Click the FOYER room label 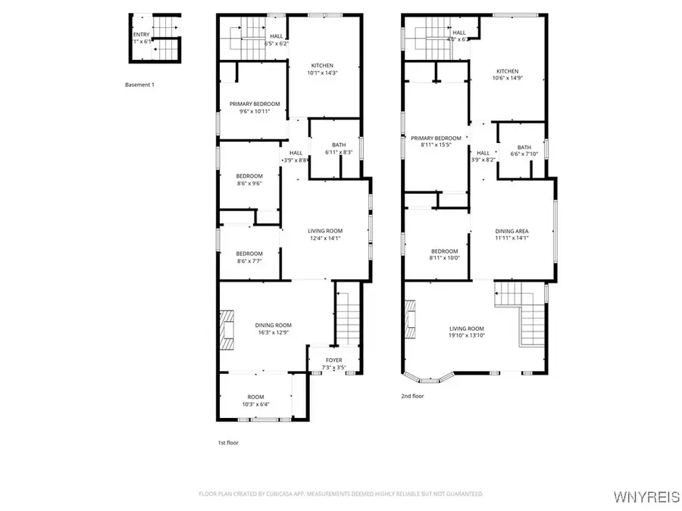pos(333,360)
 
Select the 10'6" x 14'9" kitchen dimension pos(508,78)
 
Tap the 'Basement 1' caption pos(139,85)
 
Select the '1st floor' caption pos(228,442)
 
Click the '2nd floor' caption pos(413,396)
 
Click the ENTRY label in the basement pos(141,34)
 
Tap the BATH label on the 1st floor pos(339,145)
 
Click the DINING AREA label pos(511,231)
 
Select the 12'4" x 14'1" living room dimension pos(325,238)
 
